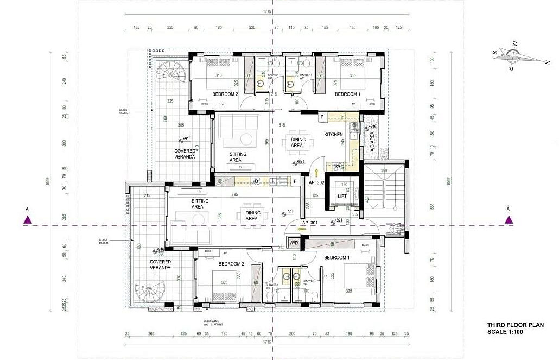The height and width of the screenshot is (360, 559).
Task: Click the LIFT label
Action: [342, 196]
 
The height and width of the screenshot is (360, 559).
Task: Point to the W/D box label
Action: [294, 243]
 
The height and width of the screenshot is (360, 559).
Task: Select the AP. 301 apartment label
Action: [309, 223]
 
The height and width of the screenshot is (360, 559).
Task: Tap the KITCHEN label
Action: [333, 134]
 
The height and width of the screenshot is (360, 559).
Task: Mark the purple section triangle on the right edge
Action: [509, 219]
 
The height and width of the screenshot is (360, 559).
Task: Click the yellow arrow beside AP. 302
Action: [316, 173]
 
